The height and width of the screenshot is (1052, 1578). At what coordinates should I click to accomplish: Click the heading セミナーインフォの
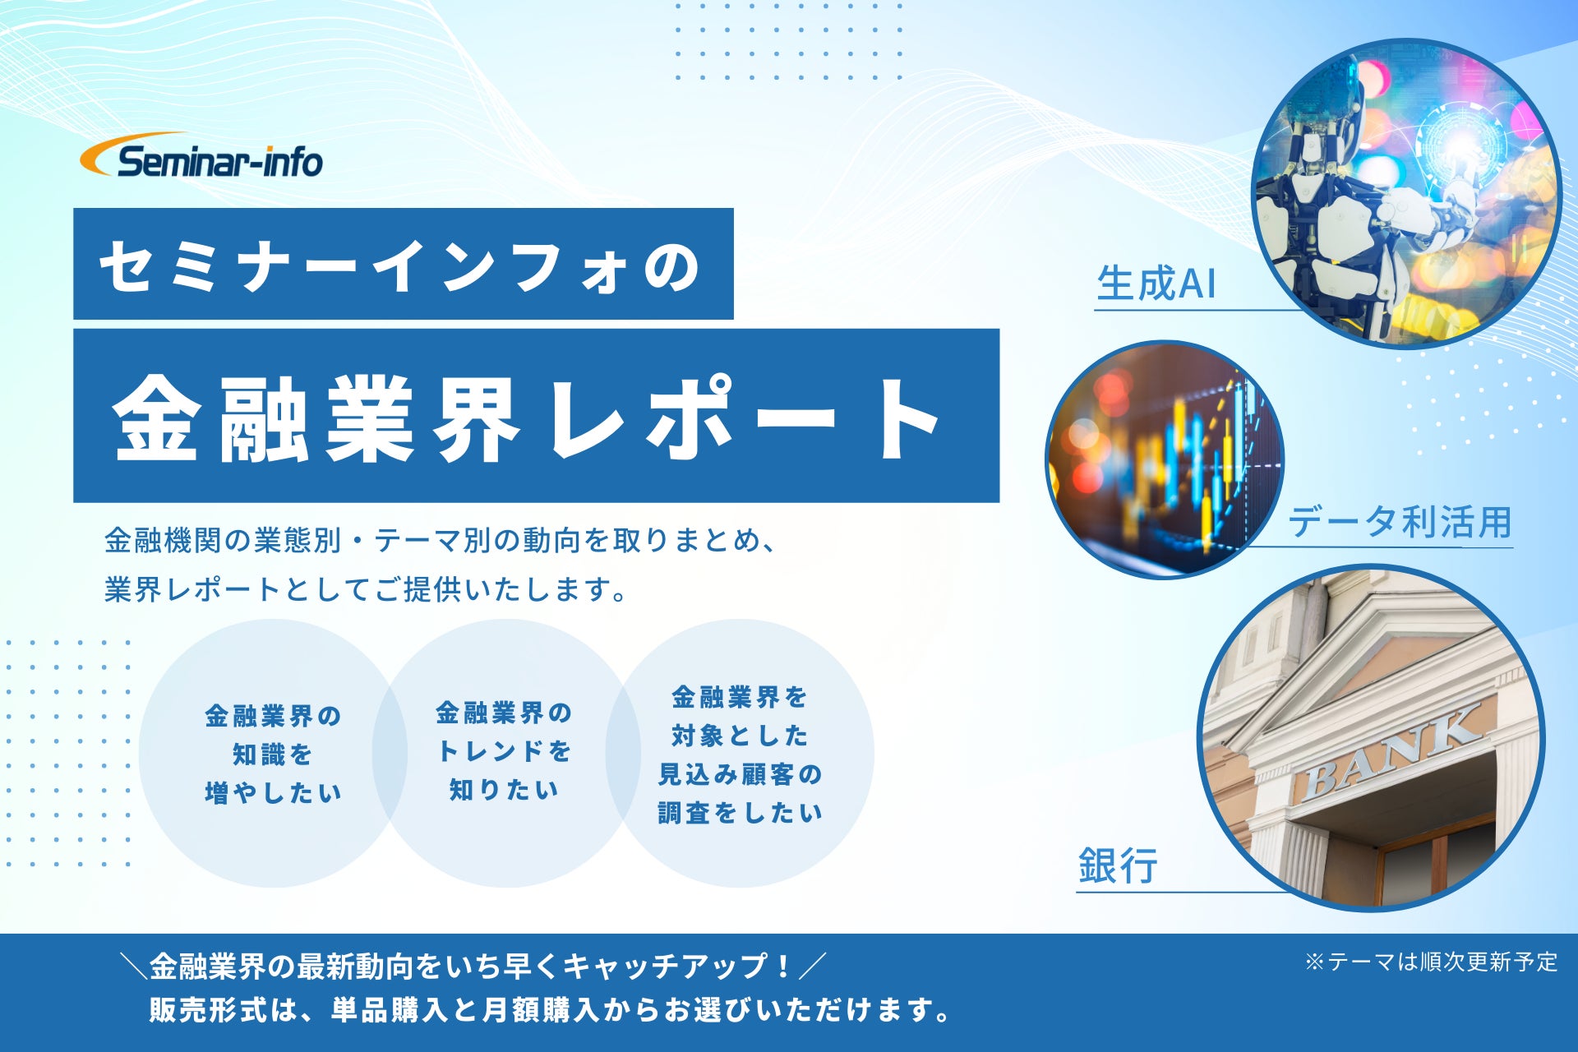click(400, 265)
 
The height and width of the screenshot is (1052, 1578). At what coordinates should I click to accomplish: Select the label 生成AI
click(1156, 284)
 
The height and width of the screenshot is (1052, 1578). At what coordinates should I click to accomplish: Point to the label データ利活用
click(1400, 522)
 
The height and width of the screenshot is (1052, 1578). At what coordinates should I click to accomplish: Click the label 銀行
click(1118, 865)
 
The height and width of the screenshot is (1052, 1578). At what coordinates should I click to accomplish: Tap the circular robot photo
click(1406, 194)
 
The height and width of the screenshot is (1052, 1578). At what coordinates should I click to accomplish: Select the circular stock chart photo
click(1165, 459)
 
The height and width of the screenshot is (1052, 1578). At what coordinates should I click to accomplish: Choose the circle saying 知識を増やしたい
click(273, 753)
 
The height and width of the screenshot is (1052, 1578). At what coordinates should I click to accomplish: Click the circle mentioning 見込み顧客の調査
click(740, 753)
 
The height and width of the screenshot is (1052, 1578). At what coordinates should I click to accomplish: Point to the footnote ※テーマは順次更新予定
click(1431, 962)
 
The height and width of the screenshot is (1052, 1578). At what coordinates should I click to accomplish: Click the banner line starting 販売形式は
click(550, 1009)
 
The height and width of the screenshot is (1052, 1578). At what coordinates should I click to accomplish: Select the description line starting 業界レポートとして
click(367, 589)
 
